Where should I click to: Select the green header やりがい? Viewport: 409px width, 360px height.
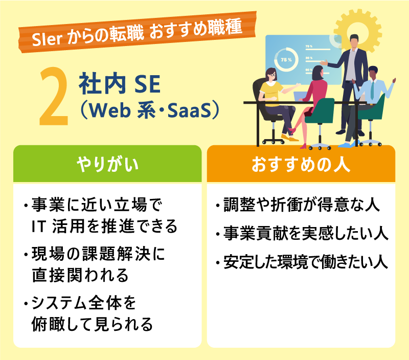point(107,165)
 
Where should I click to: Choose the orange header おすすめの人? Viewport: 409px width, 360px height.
point(301,165)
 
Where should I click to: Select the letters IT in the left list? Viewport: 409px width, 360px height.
point(39,226)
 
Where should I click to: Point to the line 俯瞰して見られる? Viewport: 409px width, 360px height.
point(92,323)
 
